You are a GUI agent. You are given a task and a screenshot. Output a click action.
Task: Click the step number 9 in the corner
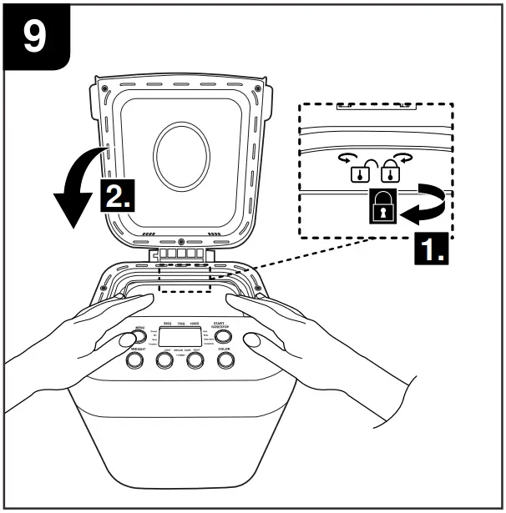(33, 38)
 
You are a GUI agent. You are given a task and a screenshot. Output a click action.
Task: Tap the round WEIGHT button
(134, 361)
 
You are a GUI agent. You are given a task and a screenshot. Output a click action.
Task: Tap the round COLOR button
(225, 360)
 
